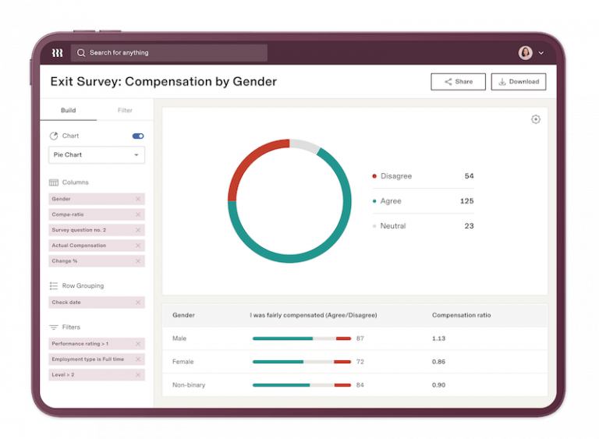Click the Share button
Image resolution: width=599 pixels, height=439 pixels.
tap(458, 82)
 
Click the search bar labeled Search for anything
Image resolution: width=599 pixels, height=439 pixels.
tap(169, 53)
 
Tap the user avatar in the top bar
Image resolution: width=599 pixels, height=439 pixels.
tap(525, 53)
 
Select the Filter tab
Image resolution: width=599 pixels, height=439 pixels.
tap(125, 111)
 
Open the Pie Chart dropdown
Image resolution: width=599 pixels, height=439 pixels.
tap(96, 155)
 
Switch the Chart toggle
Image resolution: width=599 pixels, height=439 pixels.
tap(138, 136)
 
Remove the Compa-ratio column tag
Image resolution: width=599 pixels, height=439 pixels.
tap(138, 214)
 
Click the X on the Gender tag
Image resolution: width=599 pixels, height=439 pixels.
tap(138, 199)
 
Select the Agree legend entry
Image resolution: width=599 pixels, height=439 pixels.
tap(391, 201)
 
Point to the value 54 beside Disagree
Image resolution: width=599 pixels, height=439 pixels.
tap(469, 176)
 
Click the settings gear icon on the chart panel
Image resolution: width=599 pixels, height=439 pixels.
tap(535, 119)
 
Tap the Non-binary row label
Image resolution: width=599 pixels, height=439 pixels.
tap(188, 385)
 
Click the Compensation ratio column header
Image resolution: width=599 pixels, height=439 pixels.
tap(461, 315)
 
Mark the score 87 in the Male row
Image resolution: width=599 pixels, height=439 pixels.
tap(360, 338)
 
